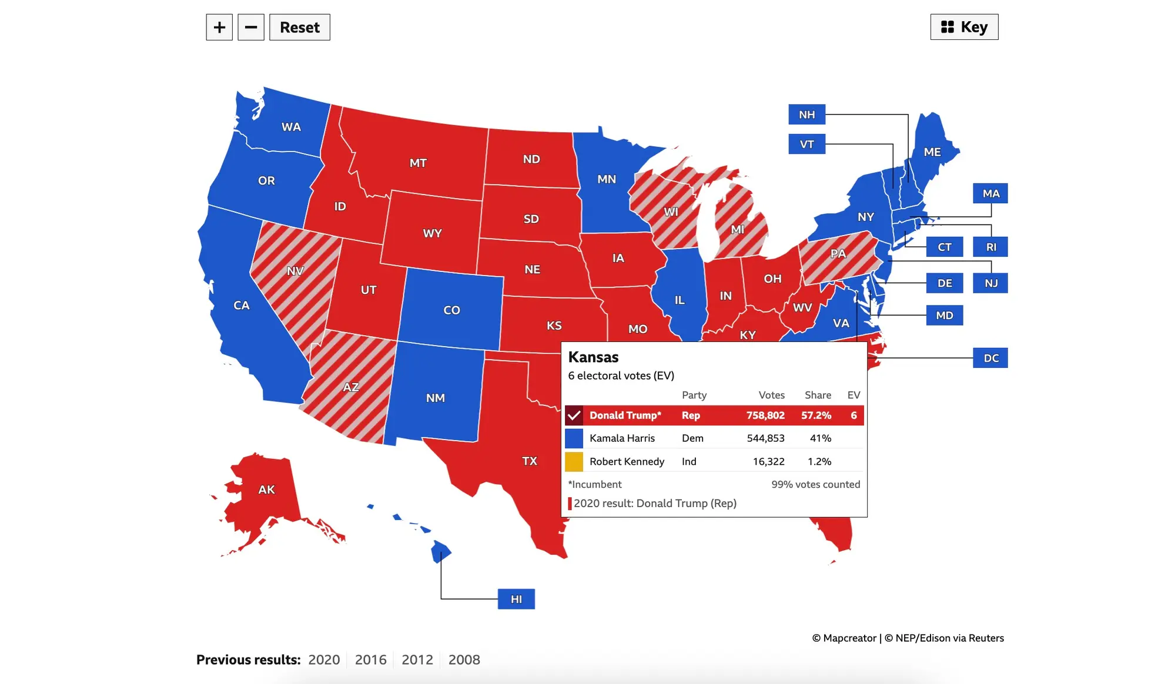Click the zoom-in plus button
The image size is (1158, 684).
pyautogui.click(x=219, y=27)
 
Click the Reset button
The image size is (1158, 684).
pyautogui.click(x=299, y=27)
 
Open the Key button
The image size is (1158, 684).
pyautogui.click(x=964, y=27)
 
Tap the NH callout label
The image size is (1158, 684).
pyautogui.click(x=806, y=115)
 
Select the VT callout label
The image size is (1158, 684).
pyautogui.click(x=806, y=144)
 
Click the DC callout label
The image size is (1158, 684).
pyautogui.click(x=990, y=358)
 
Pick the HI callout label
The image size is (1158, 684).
pyautogui.click(x=516, y=599)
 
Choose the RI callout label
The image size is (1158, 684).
pyautogui.click(x=990, y=247)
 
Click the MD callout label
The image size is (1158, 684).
pyautogui.click(x=944, y=316)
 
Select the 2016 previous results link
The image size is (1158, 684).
pyautogui.click(x=370, y=659)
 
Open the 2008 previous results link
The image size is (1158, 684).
pyautogui.click(x=464, y=659)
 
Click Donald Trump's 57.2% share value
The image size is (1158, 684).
pyautogui.click(x=816, y=415)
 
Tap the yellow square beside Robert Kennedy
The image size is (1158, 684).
pyautogui.click(x=574, y=461)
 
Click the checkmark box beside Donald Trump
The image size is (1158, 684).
pyautogui.click(x=574, y=415)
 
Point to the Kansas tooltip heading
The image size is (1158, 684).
pyautogui.click(x=593, y=357)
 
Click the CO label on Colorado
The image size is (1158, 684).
pyautogui.click(x=451, y=310)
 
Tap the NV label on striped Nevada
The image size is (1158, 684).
pyautogui.click(x=295, y=271)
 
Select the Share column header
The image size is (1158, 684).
pyautogui.click(x=818, y=395)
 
